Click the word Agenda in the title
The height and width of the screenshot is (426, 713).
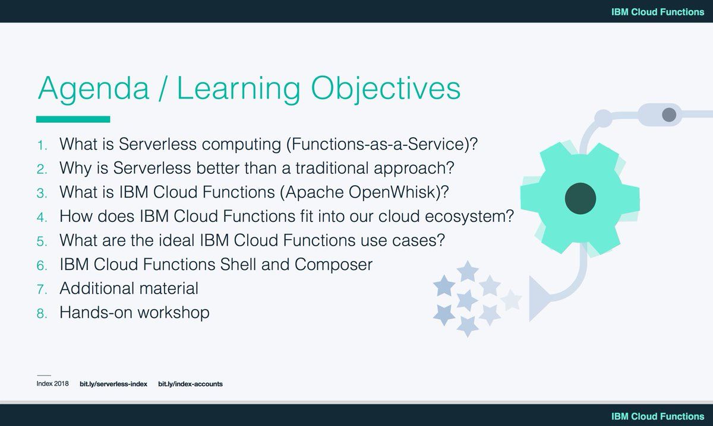pos(93,89)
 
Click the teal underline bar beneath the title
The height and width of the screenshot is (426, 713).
pos(73,119)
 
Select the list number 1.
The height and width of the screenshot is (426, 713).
pos(42,145)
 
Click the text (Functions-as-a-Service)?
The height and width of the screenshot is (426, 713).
pos(382,144)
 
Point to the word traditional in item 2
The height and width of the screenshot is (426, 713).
pos(299,168)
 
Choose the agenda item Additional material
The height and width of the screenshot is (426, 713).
pos(129,288)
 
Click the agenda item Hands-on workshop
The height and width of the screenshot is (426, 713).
pos(134,312)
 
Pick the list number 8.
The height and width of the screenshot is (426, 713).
pos(42,313)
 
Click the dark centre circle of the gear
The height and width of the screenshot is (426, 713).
pos(580,196)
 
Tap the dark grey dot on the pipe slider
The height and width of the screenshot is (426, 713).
pos(669,115)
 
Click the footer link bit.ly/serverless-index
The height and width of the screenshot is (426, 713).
pos(113,384)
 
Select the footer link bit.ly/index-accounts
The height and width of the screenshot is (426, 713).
pos(190,384)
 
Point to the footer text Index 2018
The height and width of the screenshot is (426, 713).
pos(53,384)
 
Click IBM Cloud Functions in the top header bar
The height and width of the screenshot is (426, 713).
pos(657,12)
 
